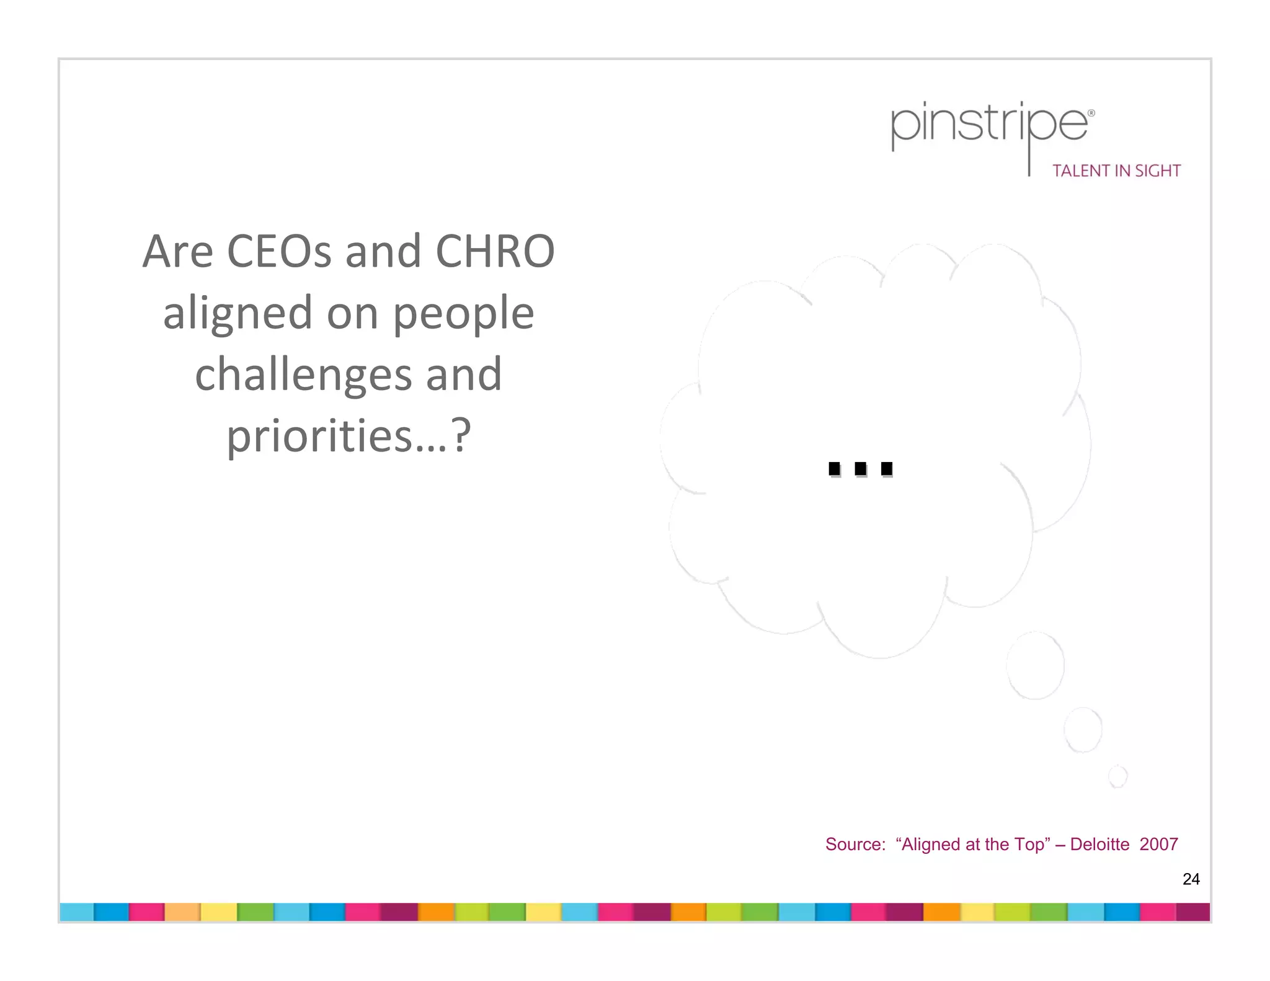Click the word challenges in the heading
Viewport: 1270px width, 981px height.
[x=303, y=374]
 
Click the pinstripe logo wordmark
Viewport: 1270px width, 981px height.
[x=989, y=127]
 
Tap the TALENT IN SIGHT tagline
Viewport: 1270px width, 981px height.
[x=1116, y=171]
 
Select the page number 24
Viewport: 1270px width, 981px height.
[x=1191, y=879]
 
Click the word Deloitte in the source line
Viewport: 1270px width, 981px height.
[x=1099, y=845]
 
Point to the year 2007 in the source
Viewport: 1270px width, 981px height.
[x=1158, y=845]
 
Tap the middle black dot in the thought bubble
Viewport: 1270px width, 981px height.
[x=861, y=469]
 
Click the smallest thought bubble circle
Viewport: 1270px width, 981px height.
[x=1117, y=776]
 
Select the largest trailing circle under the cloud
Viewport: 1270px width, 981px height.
[x=1035, y=665]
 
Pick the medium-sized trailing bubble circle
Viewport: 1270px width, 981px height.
[x=1083, y=729]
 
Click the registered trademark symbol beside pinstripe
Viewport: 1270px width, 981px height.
[x=1091, y=113]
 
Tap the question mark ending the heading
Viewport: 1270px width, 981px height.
[x=460, y=435]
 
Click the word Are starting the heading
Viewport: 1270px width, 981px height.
[x=178, y=251]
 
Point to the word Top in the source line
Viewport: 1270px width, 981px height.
[x=1029, y=845]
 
